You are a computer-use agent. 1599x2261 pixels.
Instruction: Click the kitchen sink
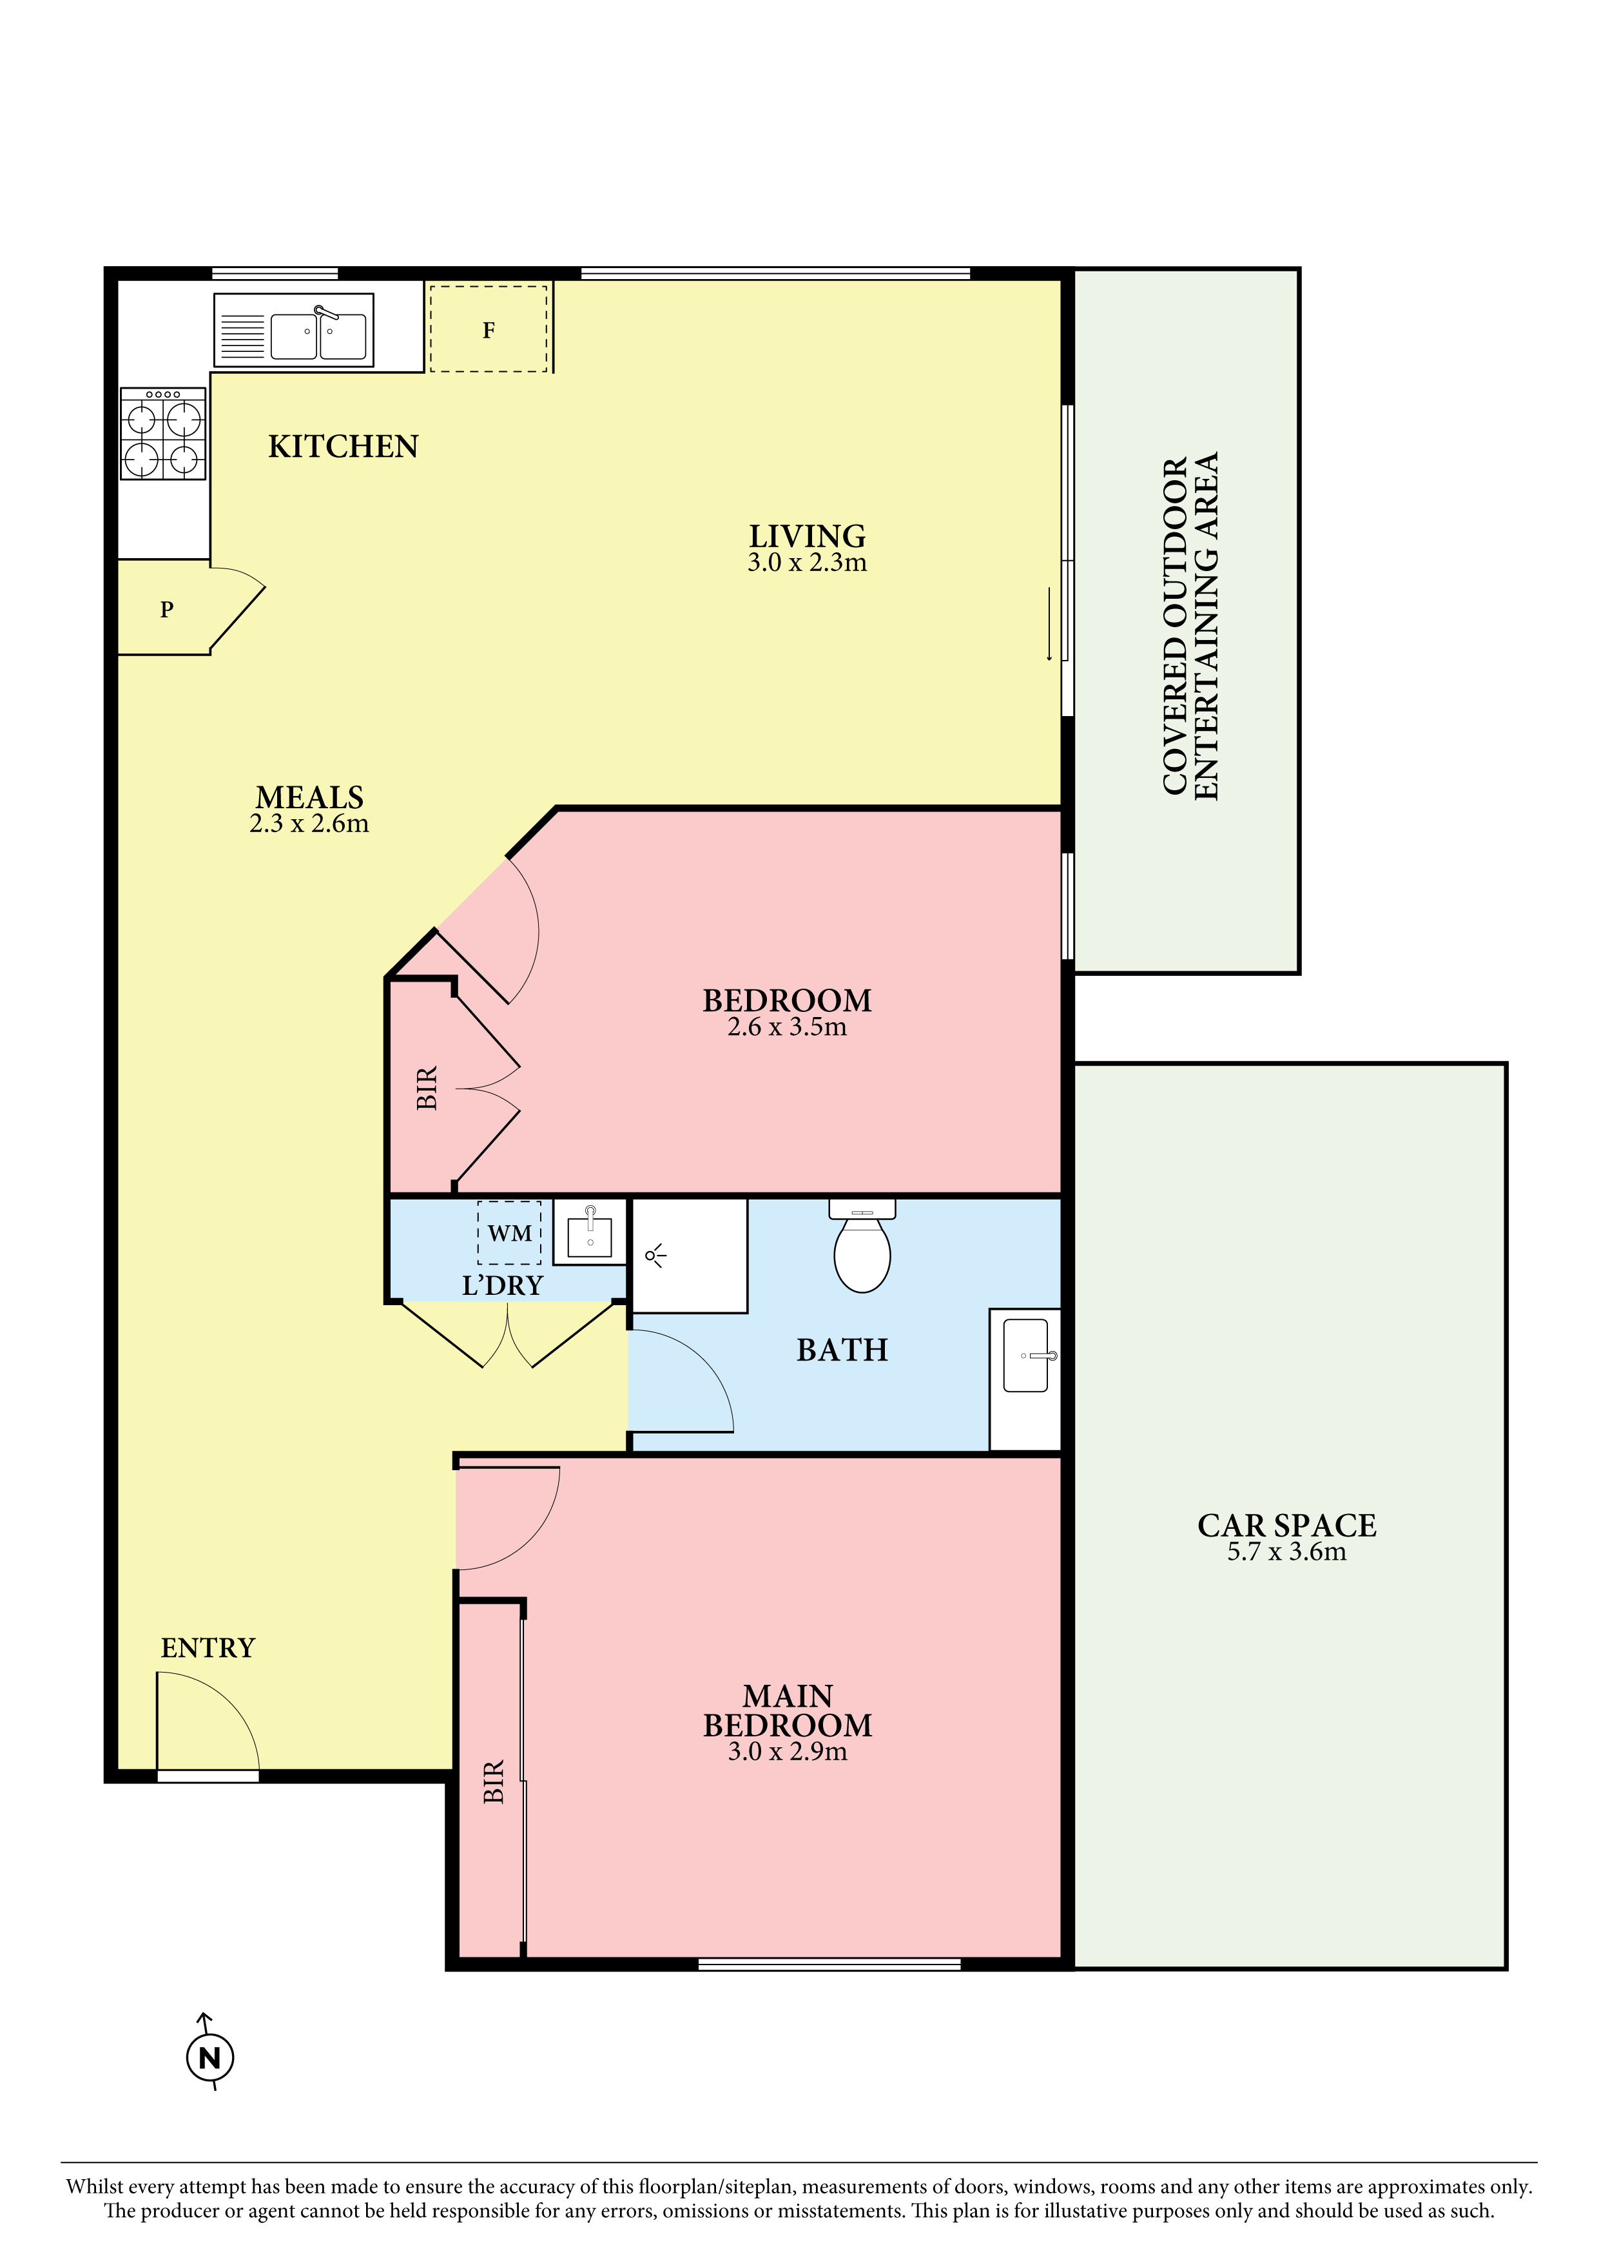(293, 330)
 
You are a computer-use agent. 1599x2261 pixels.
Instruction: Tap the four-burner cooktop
(162, 433)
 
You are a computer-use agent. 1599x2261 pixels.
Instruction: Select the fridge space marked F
(489, 329)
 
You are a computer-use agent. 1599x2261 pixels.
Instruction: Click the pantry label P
(166, 610)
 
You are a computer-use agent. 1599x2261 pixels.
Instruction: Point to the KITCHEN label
(344, 447)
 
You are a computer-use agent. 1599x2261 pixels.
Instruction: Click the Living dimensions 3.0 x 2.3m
(808, 562)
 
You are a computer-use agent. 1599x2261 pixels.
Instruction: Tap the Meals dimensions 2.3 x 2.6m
(309, 823)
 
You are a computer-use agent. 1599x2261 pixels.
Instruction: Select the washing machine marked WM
(509, 1233)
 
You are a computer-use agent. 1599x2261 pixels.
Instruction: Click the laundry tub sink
(590, 1232)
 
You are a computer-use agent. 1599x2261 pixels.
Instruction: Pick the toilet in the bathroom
(862, 1246)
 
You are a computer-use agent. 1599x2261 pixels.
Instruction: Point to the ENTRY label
(208, 1647)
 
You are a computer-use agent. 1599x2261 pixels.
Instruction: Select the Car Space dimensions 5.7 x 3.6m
(1287, 1552)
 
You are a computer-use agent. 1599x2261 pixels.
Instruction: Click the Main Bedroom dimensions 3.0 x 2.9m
(788, 1752)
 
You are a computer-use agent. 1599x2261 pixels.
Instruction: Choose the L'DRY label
(502, 1285)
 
